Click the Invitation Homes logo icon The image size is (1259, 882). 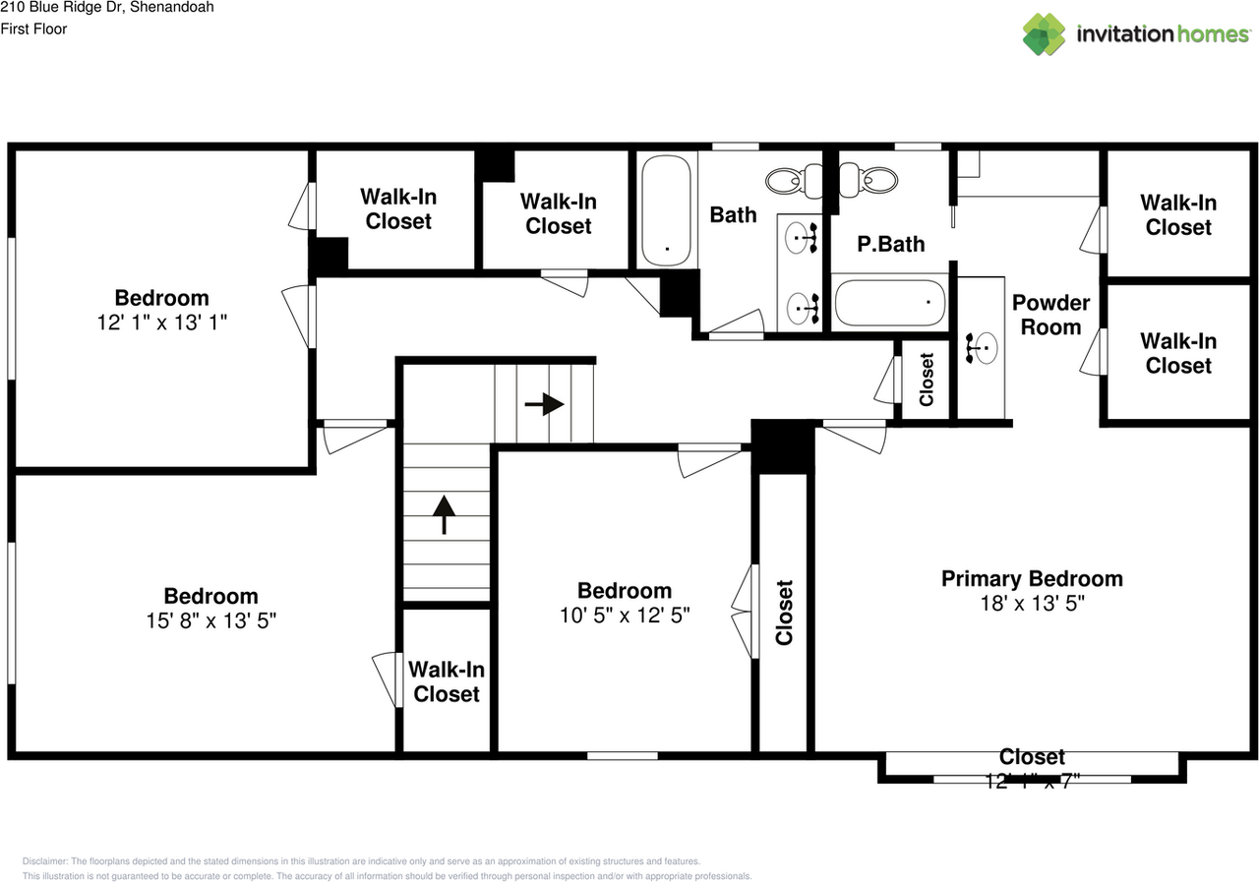click(x=1044, y=34)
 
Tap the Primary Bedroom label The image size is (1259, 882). click(x=1032, y=578)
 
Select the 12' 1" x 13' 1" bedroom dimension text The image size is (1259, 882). click(x=162, y=323)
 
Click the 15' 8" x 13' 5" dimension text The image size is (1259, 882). click(x=211, y=620)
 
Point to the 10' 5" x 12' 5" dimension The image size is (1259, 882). click(x=625, y=616)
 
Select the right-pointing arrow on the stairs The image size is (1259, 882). click(x=545, y=404)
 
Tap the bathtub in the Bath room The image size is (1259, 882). click(x=668, y=209)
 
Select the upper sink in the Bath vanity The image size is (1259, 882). click(x=802, y=237)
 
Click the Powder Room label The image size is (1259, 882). click(x=1050, y=315)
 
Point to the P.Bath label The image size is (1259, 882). click(x=890, y=244)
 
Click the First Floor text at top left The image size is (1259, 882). click(x=33, y=29)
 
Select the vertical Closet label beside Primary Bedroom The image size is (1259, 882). click(x=784, y=612)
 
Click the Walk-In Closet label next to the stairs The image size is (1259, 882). click(x=447, y=681)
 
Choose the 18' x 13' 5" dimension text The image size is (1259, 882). click(x=1032, y=603)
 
